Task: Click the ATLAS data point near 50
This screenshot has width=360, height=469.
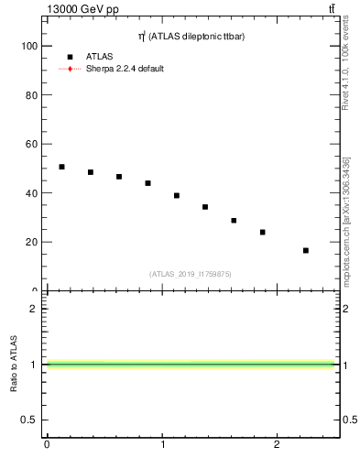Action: (61, 167)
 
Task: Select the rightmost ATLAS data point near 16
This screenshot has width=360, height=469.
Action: (306, 250)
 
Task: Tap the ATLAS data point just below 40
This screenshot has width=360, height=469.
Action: (177, 195)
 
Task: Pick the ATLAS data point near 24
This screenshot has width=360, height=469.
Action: (263, 232)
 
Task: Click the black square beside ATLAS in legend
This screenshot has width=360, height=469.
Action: (70, 57)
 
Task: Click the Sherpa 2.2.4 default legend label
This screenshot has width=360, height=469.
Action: (125, 69)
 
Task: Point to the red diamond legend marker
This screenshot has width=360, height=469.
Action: (70, 69)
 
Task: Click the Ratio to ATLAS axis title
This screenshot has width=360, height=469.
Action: (14, 364)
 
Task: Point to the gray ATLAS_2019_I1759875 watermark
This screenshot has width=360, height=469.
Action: (191, 274)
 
